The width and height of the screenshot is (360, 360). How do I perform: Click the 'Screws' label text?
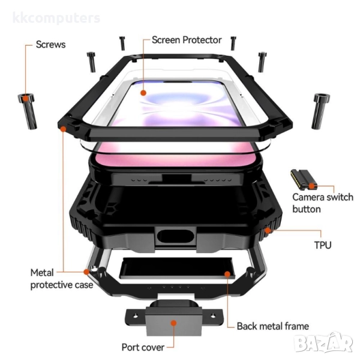point(50,44)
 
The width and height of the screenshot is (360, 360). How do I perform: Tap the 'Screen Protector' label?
point(187,40)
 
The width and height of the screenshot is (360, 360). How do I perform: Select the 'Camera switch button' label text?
point(322,203)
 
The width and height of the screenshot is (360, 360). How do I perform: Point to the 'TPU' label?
point(323,245)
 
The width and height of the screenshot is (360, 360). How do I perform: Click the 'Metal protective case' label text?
point(61,278)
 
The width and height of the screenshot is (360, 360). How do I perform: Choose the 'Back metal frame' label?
point(272,326)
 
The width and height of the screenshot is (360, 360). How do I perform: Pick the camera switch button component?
point(301,178)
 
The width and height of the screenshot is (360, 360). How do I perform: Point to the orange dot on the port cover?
point(173,323)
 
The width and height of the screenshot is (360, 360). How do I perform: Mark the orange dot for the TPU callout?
point(268,230)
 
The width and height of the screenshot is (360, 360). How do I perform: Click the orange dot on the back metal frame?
point(227,274)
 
